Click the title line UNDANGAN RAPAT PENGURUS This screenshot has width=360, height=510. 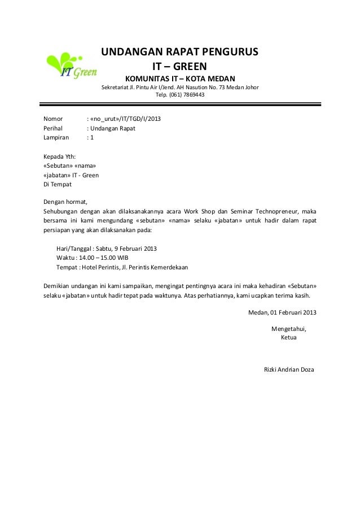(x=179, y=53)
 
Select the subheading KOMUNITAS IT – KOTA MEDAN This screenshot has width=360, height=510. (x=179, y=77)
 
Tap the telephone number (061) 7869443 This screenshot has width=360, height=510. (x=188, y=95)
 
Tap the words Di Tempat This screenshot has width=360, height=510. (x=58, y=184)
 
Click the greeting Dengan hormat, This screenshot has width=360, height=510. (x=66, y=202)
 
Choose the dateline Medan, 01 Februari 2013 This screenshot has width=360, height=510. (x=282, y=313)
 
